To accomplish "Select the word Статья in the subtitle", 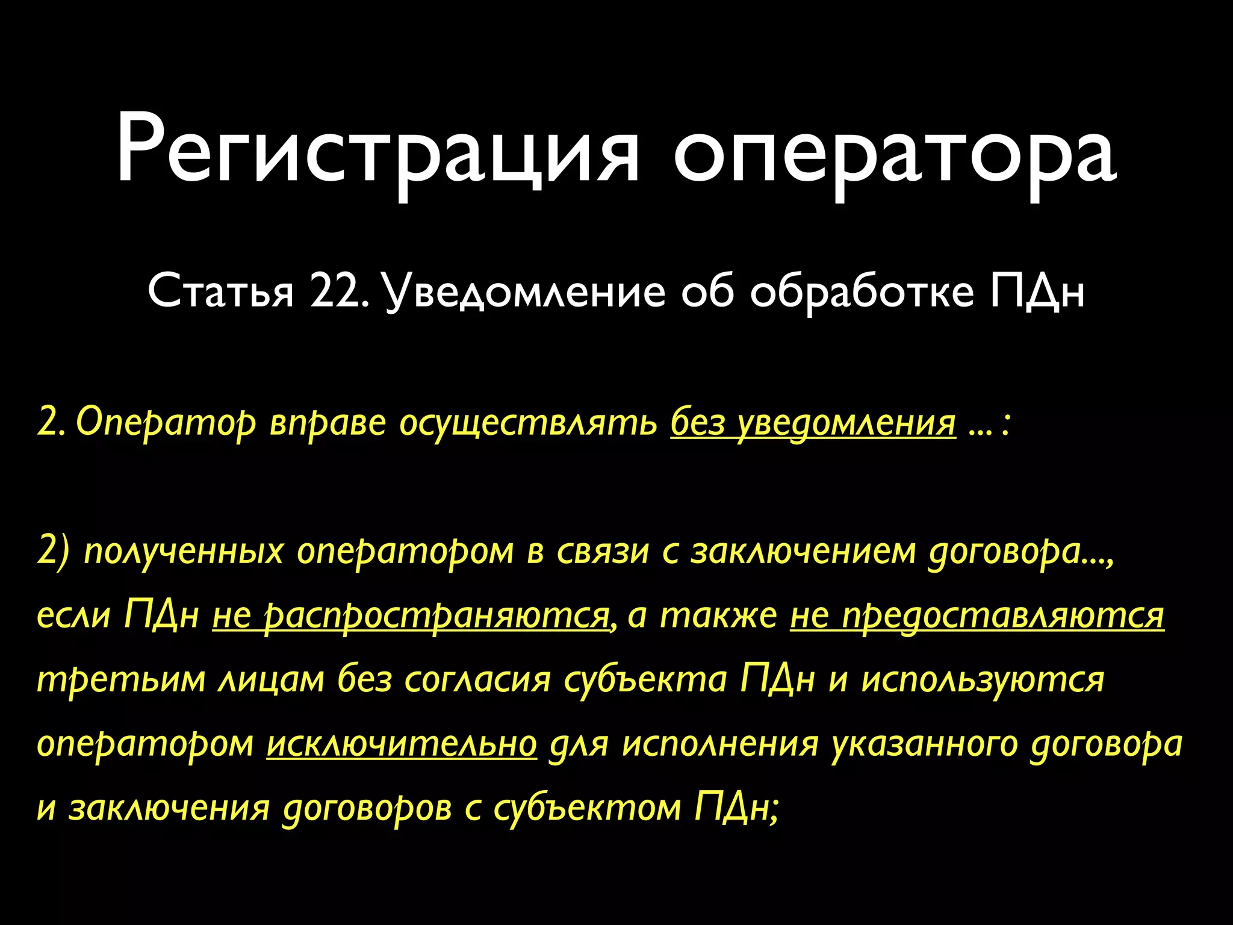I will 220,293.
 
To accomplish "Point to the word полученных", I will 183,552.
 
